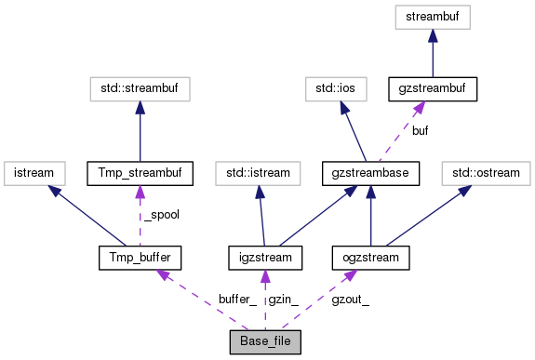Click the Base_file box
(x=265, y=340)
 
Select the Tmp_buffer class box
(x=139, y=256)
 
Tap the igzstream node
(x=265, y=256)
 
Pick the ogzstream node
(x=371, y=256)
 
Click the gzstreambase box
(x=371, y=172)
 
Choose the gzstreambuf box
(x=433, y=89)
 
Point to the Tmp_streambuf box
(x=139, y=172)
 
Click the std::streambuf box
(x=139, y=89)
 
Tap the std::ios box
(x=335, y=89)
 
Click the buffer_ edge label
(x=237, y=300)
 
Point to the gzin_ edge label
(x=285, y=300)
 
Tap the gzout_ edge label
(x=350, y=300)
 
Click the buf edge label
(x=421, y=131)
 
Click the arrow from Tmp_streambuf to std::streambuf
(x=139, y=131)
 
